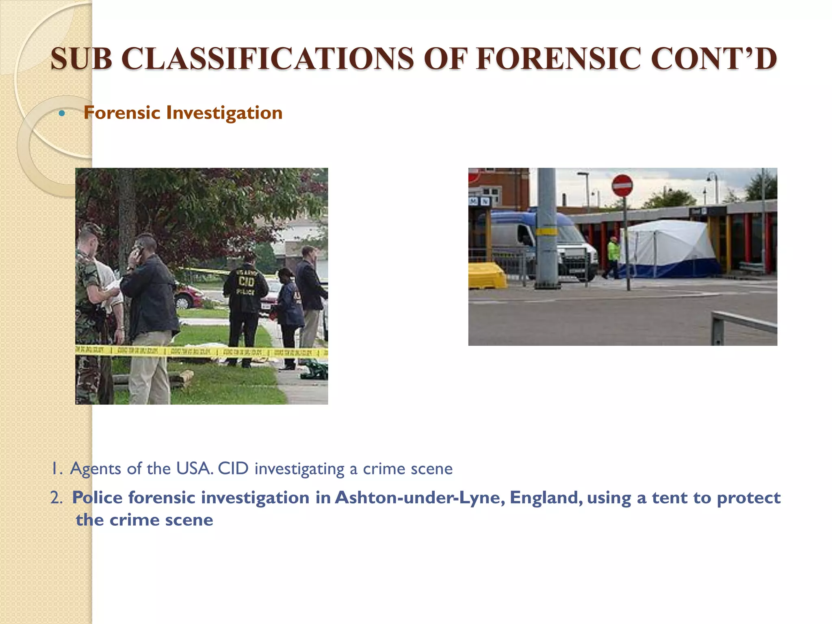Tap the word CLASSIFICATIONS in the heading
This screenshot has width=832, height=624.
267,59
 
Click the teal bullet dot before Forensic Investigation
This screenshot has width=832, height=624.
62,113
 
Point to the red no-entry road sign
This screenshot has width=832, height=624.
622,186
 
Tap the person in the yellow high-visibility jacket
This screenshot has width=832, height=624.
613,256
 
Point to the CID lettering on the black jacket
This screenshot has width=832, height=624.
246,281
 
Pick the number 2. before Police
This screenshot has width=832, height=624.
56,498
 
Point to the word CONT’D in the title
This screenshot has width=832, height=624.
714,59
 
